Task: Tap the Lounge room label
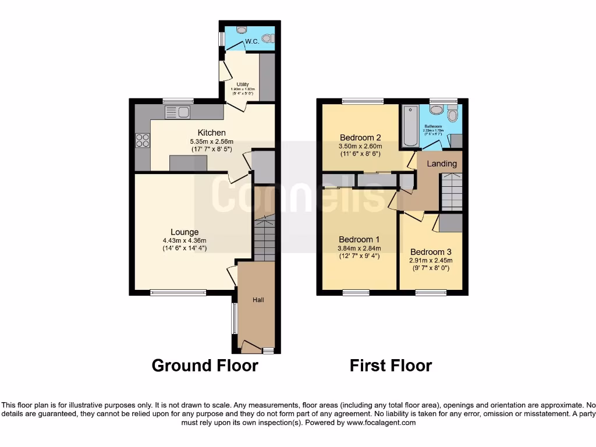coord(185,232)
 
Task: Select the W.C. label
coord(251,41)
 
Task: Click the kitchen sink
coord(178,112)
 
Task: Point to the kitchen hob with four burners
coord(142,141)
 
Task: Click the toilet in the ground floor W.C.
coord(267,38)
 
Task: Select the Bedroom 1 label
coord(359,239)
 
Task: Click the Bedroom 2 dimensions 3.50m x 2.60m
coord(360,147)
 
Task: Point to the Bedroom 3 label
coord(430,252)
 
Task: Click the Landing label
coord(442,164)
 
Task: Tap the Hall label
coord(258,300)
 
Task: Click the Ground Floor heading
coord(204,366)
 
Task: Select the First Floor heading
coord(391,366)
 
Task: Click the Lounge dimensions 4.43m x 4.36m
coord(185,240)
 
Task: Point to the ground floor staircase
coord(264,237)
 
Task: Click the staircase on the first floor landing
coord(452,193)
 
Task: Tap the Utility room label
coord(242,84)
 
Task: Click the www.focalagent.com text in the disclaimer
coord(381,423)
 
